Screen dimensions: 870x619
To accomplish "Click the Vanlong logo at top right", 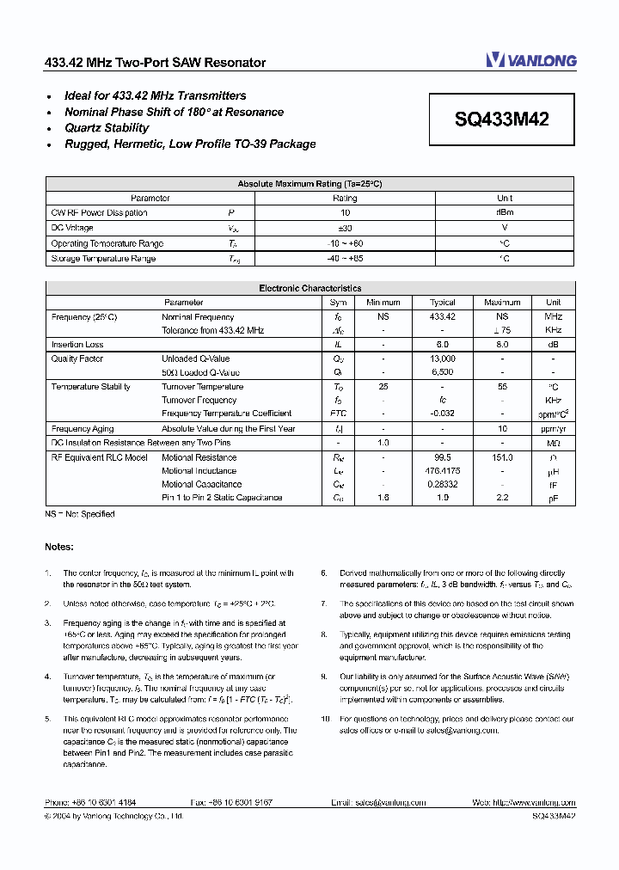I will tap(530, 60).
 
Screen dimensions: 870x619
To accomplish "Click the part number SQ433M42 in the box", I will tap(501, 120).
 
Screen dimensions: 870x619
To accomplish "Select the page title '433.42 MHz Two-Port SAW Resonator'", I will tap(155, 63).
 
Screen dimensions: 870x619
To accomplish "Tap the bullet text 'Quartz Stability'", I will tap(107, 128).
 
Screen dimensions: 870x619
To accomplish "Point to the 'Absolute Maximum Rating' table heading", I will tap(309, 184).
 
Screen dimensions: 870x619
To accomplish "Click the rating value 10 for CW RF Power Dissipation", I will tap(345, 213).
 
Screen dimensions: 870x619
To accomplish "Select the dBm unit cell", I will tap(505, 213).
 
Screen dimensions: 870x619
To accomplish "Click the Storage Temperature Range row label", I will tap(103, 259).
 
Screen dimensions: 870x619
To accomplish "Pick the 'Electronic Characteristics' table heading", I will tap(309, 289).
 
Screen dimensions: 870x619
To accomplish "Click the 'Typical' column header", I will tap(443, 303).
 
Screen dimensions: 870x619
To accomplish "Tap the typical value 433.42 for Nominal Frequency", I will tap(443, 317).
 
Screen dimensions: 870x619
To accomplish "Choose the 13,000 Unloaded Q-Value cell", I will tap(443, 358).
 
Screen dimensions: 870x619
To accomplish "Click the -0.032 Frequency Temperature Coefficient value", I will tap(443, 414).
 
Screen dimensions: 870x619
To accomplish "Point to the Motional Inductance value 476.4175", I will tap(443, 471).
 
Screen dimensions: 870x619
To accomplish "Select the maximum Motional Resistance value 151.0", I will tap(502, 457).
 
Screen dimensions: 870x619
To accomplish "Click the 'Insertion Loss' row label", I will tap(77, 345).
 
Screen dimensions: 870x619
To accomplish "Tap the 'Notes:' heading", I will tap(59, 547).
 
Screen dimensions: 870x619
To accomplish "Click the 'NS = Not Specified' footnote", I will tap(80, 514).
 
